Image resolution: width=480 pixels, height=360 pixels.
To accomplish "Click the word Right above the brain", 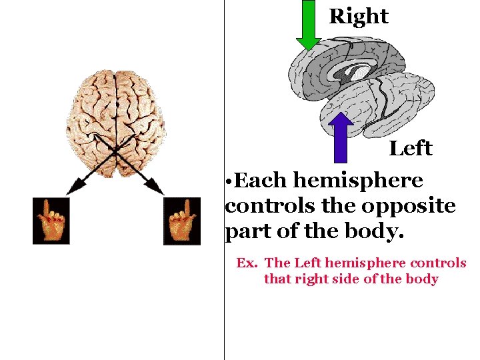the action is coord(359,17).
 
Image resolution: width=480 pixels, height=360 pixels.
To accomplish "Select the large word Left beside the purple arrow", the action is coord(411,149).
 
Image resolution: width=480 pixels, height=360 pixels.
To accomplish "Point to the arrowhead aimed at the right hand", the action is coord(159,191).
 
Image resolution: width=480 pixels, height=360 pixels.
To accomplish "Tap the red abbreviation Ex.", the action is coord(247,263).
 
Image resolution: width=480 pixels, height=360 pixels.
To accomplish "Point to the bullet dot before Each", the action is coord(229,182).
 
